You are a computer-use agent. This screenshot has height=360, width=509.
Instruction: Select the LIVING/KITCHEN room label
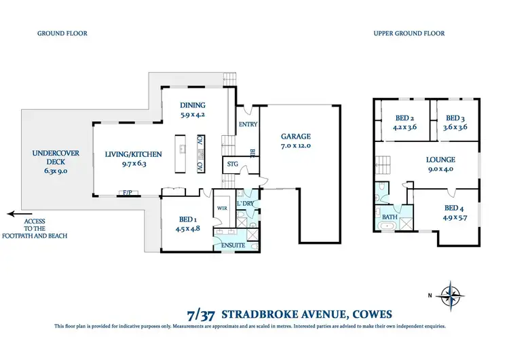click(x=133, y=154)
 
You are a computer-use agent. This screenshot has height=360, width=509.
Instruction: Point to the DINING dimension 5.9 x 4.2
click(x=193, y=115)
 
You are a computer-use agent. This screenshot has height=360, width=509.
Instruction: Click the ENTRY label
click(x=245, y=124)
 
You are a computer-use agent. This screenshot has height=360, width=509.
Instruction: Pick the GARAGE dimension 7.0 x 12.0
click(x=299, y=145)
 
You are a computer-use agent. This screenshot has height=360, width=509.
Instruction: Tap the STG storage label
click(x=232, y=164)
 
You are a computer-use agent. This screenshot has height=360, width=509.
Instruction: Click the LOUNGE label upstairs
click(x=440, y=160)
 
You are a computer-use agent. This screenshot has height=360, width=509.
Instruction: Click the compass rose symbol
click(x=449, y=294)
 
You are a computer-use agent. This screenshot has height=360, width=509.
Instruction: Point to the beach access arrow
click(x=16, y=213)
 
